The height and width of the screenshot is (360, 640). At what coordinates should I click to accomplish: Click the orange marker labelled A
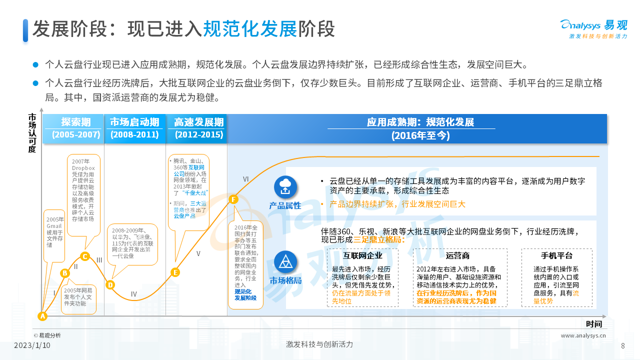tap(42, 316)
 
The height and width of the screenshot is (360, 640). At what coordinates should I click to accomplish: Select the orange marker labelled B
tap(64, 273)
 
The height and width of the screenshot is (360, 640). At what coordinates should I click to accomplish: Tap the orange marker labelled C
tap(84, 256)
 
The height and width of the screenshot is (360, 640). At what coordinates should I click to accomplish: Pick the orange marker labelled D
tap(110, 284)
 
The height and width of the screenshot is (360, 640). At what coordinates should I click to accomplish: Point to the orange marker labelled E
tap(175, 272)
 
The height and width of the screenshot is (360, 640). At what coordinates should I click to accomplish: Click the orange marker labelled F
tap(233, 199)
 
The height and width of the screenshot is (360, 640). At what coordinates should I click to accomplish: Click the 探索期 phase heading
tap(76, 122)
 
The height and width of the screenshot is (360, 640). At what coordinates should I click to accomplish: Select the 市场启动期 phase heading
tap(134, 122)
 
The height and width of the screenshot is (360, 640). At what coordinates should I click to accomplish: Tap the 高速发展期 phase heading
tap(199, 122)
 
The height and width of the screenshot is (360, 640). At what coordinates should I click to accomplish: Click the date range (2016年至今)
tap(420, 135)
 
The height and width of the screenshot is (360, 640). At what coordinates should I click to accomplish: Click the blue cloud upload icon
tap(285, 187)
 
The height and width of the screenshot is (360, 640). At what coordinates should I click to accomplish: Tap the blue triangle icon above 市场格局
tap(285, 262)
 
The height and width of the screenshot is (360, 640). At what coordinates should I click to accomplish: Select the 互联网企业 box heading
tap(363, 255)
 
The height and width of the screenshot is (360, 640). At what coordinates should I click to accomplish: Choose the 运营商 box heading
tap(457, 255)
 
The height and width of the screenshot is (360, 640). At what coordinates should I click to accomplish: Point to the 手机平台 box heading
tap(556, 255)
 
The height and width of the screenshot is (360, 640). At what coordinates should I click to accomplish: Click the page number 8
tap(622, 345)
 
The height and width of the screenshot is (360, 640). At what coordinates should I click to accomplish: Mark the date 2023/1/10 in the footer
tap(32, 345)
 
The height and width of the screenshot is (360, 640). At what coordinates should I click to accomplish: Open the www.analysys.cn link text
tap(583, 335)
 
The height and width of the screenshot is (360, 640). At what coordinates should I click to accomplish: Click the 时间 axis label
tap(594, 324)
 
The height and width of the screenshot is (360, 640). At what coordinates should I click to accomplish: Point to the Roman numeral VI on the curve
tap(246, 179)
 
